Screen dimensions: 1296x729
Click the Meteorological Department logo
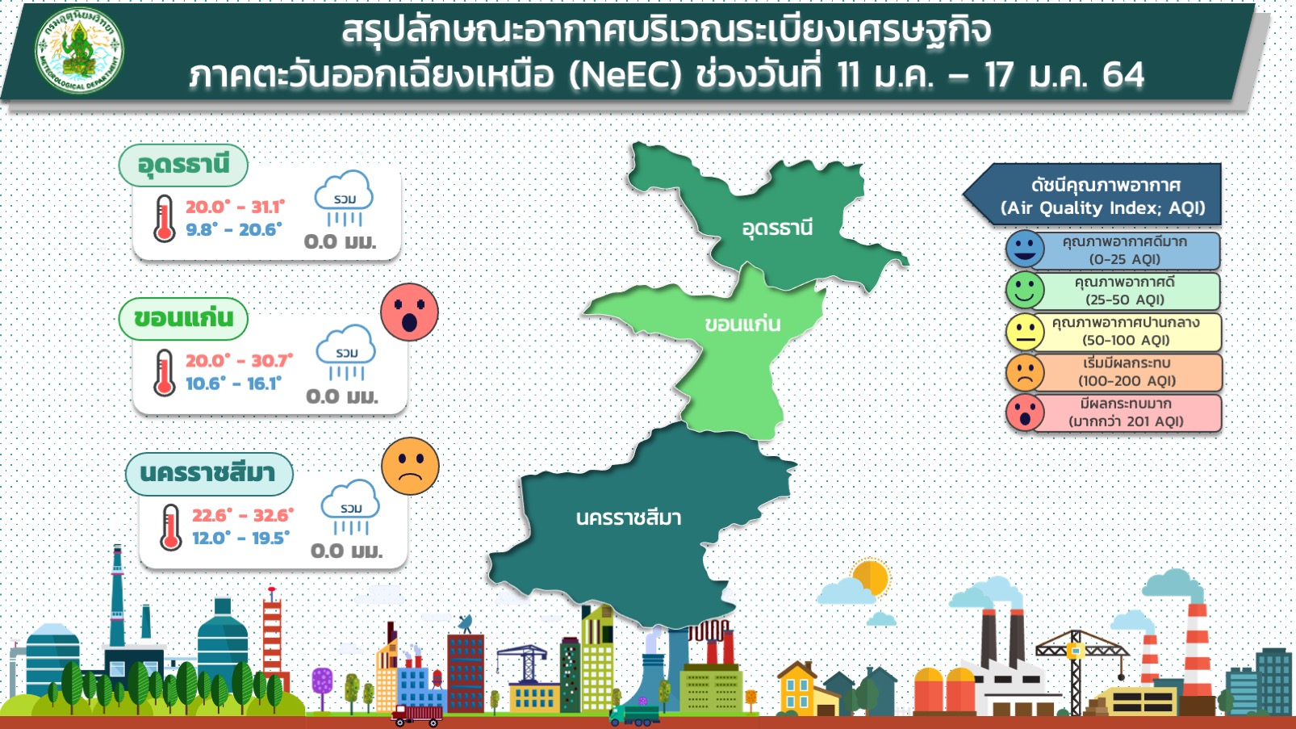[x=79, y=50]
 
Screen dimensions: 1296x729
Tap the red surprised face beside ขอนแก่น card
[x=410, y=312]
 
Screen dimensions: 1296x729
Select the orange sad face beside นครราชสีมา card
[x=410, y=466]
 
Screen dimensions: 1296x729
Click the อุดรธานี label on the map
[x=777, y=228]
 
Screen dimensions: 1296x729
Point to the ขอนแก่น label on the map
[x=742, y=324]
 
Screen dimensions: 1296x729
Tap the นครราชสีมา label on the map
[x=629, y=517]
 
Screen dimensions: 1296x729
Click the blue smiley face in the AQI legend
[x=1025, y=249]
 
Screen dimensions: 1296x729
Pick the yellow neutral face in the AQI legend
[x=1025, y=333]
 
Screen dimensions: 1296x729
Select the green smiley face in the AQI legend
[x=1025, y=291]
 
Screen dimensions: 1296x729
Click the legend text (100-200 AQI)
[x=1127, y=381]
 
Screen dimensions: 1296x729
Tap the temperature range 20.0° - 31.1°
[x=235, y=207]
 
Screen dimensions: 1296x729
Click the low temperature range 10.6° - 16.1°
[x=233, y=383]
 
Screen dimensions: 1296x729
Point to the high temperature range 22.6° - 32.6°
[x=243, y=515]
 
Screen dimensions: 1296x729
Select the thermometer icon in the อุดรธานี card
[x=165, y=218]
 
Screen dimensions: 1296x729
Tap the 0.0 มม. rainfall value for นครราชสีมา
[x=346, y=551]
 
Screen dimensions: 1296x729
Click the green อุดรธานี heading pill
[x=183, y=165]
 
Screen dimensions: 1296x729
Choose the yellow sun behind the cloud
[x=871, y=576]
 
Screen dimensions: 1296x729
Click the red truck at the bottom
[x=416, y=716]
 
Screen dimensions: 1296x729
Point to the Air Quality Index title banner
[x=1093, y=195]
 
